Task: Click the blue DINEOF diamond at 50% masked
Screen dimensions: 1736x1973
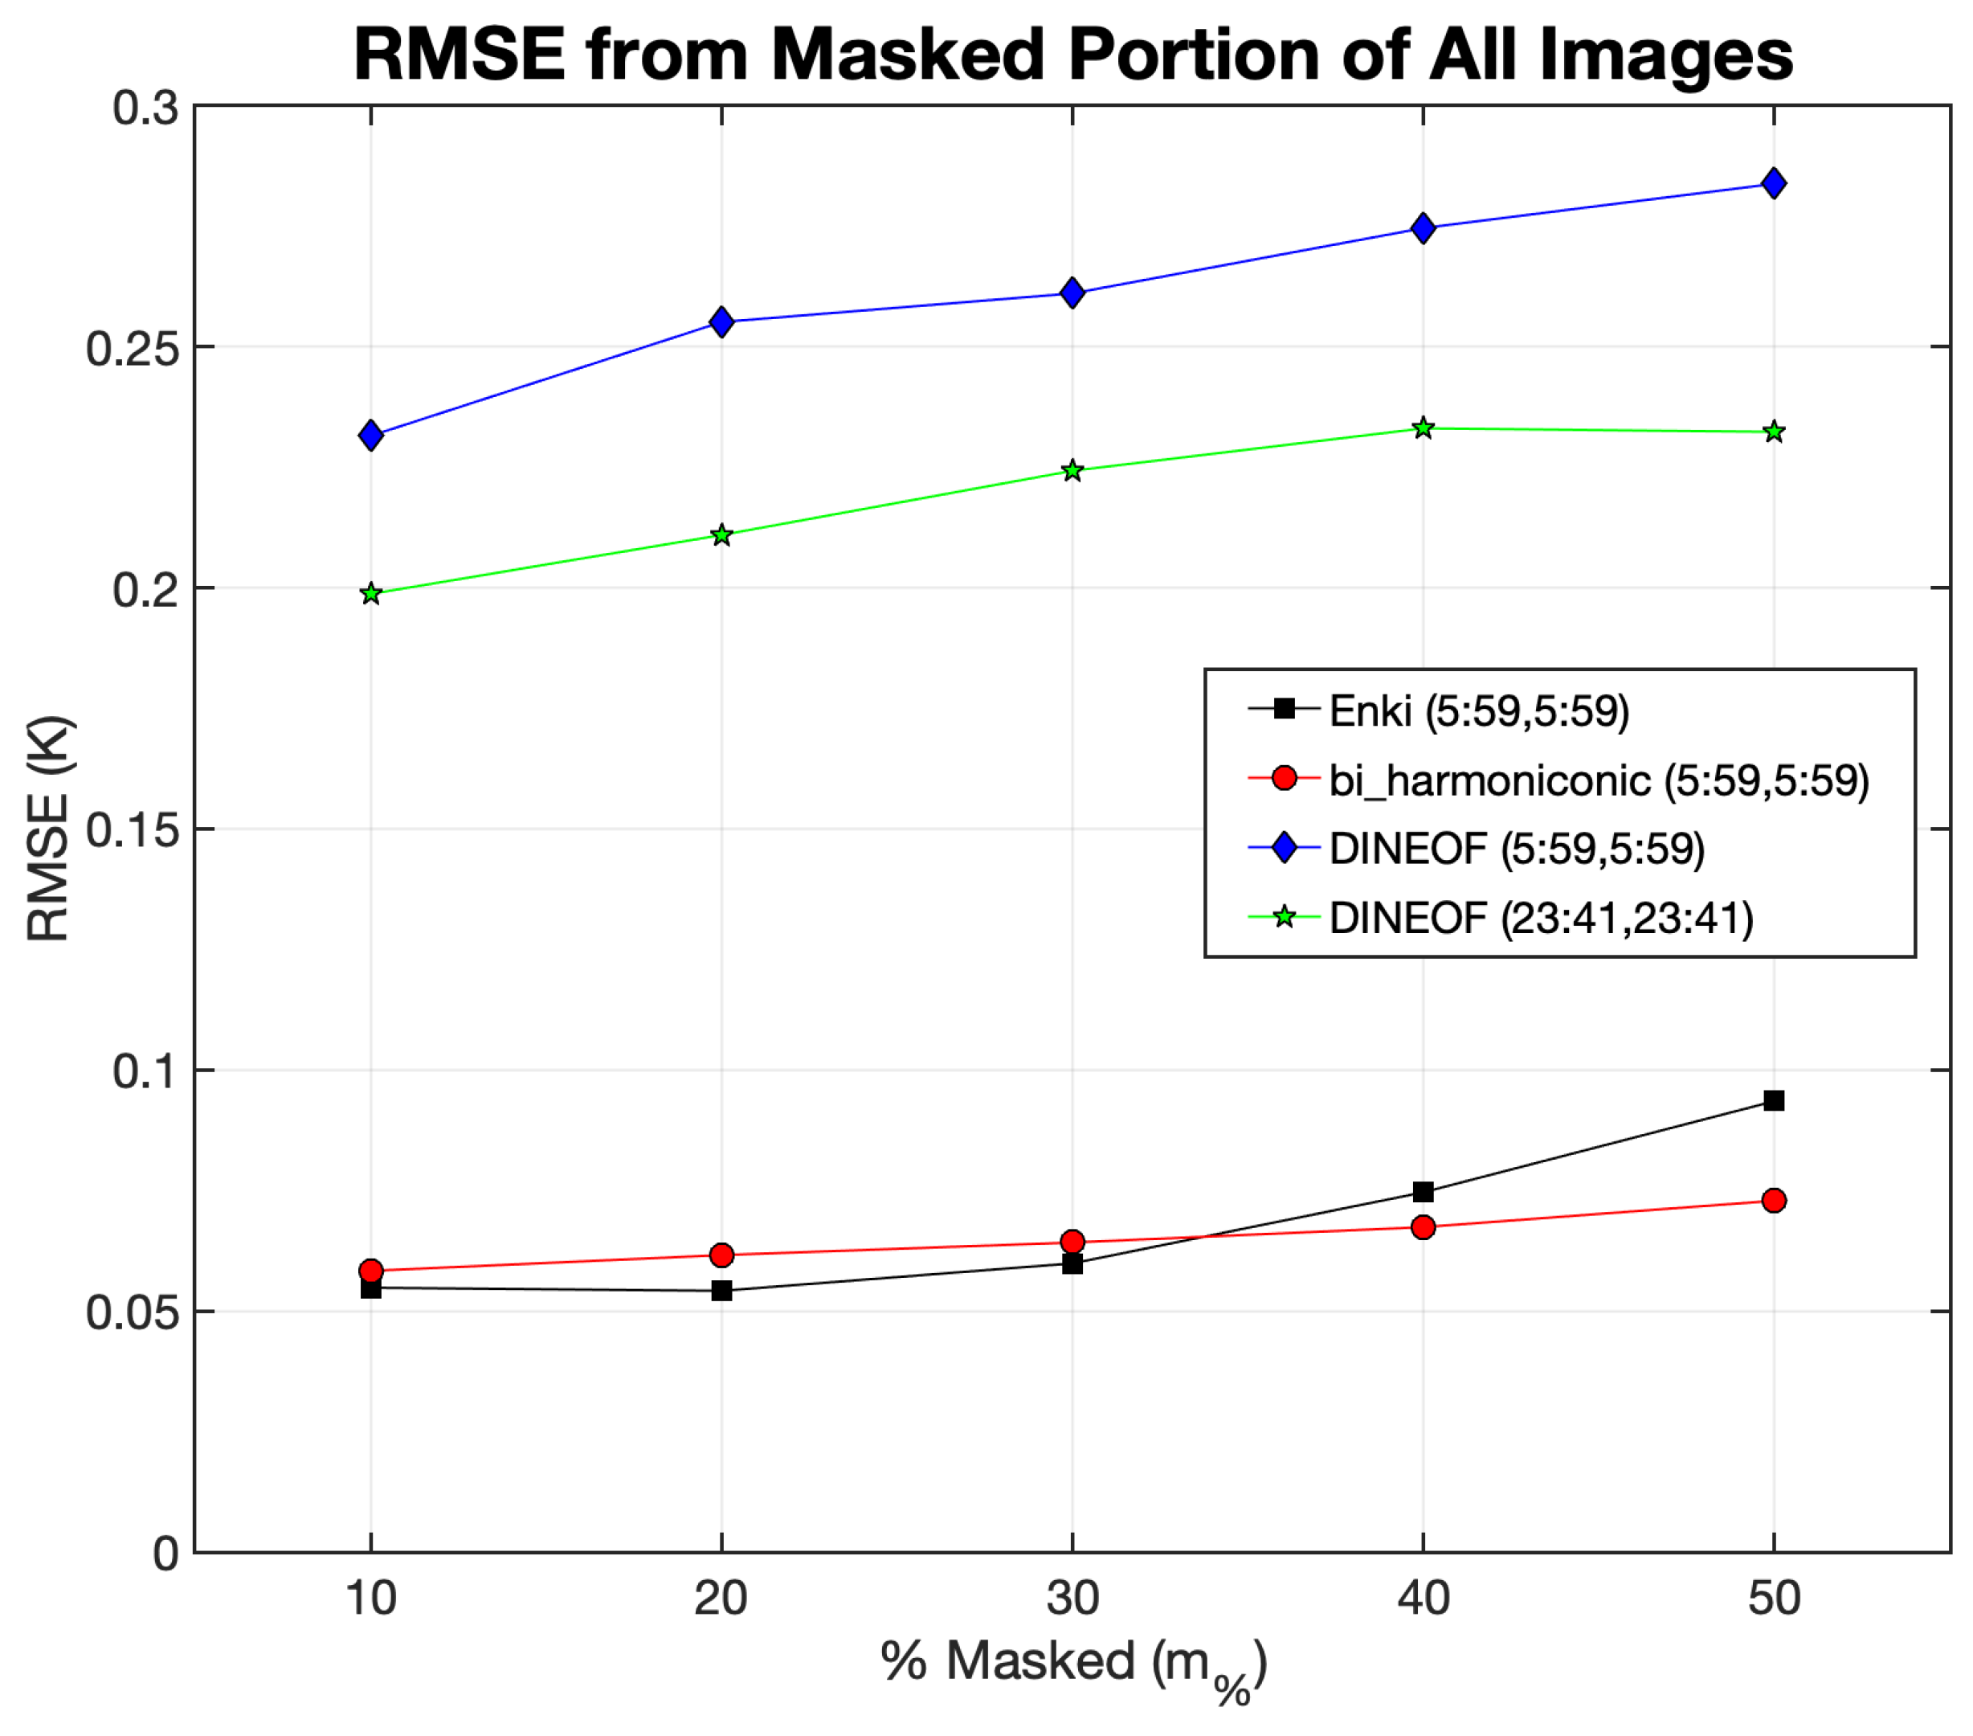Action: (x=1773, y=182)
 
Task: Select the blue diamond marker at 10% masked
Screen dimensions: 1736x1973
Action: (x=370, y=436)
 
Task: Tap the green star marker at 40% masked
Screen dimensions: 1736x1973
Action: (x=1423, y=428)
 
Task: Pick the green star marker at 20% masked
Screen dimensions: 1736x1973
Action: (x=721, y=535)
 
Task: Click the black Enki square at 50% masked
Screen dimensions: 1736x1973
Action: (x=1773, y=1101)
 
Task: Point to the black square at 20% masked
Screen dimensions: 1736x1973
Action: (x=721, y=1290)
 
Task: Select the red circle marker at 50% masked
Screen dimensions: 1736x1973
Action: (x=1773, y=1200)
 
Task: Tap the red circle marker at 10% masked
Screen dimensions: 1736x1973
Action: (x=370, y=1271)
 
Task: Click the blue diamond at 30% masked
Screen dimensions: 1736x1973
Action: (x=1072, y=293)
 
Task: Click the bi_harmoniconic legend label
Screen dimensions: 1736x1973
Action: (x=1599, y=780)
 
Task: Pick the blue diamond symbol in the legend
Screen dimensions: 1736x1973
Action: (x=1284, y=849)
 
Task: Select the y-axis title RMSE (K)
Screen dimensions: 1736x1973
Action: (x=48, y=828)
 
